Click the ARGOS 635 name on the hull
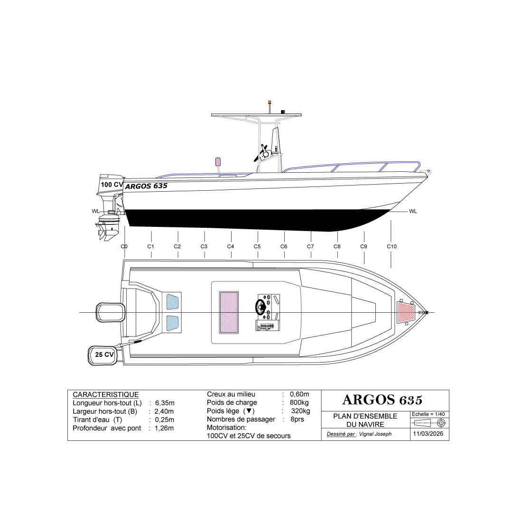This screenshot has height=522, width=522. click(146, 186)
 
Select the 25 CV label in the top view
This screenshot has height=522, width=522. click(104, 354)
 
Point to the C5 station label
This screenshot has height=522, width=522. click(257, 246)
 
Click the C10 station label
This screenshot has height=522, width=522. click(391, 246)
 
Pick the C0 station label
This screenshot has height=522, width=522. click(124, 246)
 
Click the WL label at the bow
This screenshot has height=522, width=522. click(412, 212)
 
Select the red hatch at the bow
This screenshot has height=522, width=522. click(406, 312)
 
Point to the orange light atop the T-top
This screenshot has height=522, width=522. click(270, 102)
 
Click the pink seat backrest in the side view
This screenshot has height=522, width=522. click(218, 161)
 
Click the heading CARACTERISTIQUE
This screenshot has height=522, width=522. click(105, 395)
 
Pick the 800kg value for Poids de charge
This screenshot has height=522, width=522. click(299, 402)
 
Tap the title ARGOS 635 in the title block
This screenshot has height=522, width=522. click(382, 399)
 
